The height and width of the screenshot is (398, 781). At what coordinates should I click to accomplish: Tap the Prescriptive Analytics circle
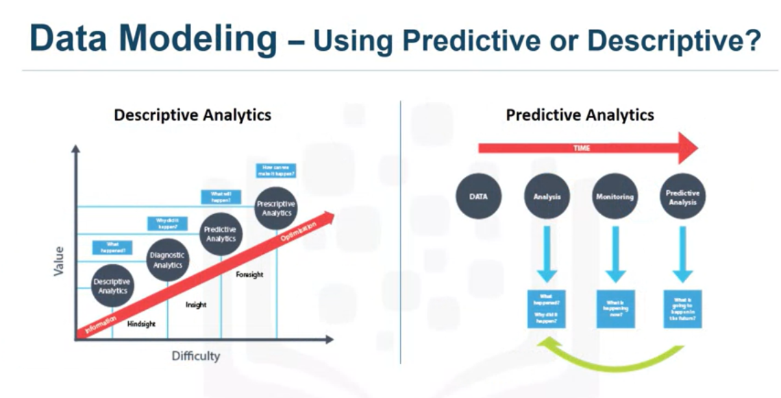(276, 208)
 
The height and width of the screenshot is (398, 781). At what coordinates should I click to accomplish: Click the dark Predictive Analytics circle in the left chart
(221, 234)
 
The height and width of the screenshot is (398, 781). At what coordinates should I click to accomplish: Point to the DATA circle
(479, 196)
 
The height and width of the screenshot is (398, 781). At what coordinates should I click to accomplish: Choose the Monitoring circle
(615, 196)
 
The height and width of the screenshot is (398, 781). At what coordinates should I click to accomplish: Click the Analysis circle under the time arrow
(547, 196)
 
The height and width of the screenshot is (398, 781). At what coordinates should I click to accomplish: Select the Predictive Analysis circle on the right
(682, 196)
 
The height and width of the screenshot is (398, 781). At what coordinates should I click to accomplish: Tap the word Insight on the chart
(196, 305)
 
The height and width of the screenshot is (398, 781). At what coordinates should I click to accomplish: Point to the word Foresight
(249, 274)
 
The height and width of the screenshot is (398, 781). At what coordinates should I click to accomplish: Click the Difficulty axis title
(196, 355)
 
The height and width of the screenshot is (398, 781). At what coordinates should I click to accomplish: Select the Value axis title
(59, 262)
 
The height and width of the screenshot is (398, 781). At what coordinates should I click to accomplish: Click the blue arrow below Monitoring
(615, 254)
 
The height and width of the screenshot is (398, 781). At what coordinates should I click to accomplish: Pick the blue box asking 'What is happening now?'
(615, 309)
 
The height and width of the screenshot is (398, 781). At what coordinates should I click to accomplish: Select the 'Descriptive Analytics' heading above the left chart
(193, 115)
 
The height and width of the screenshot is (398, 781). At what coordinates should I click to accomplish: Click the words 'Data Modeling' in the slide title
(153, 39)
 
